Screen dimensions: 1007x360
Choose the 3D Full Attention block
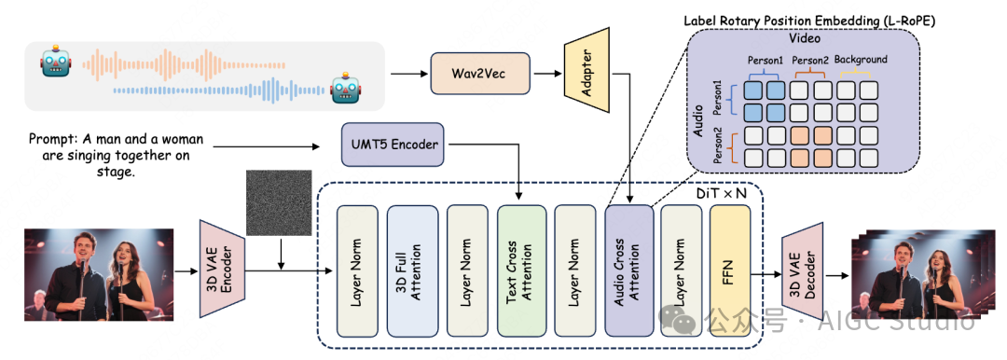412,270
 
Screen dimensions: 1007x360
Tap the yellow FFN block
730,270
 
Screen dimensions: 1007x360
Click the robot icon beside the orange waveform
55,61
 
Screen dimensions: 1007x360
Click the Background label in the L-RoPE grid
861,60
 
